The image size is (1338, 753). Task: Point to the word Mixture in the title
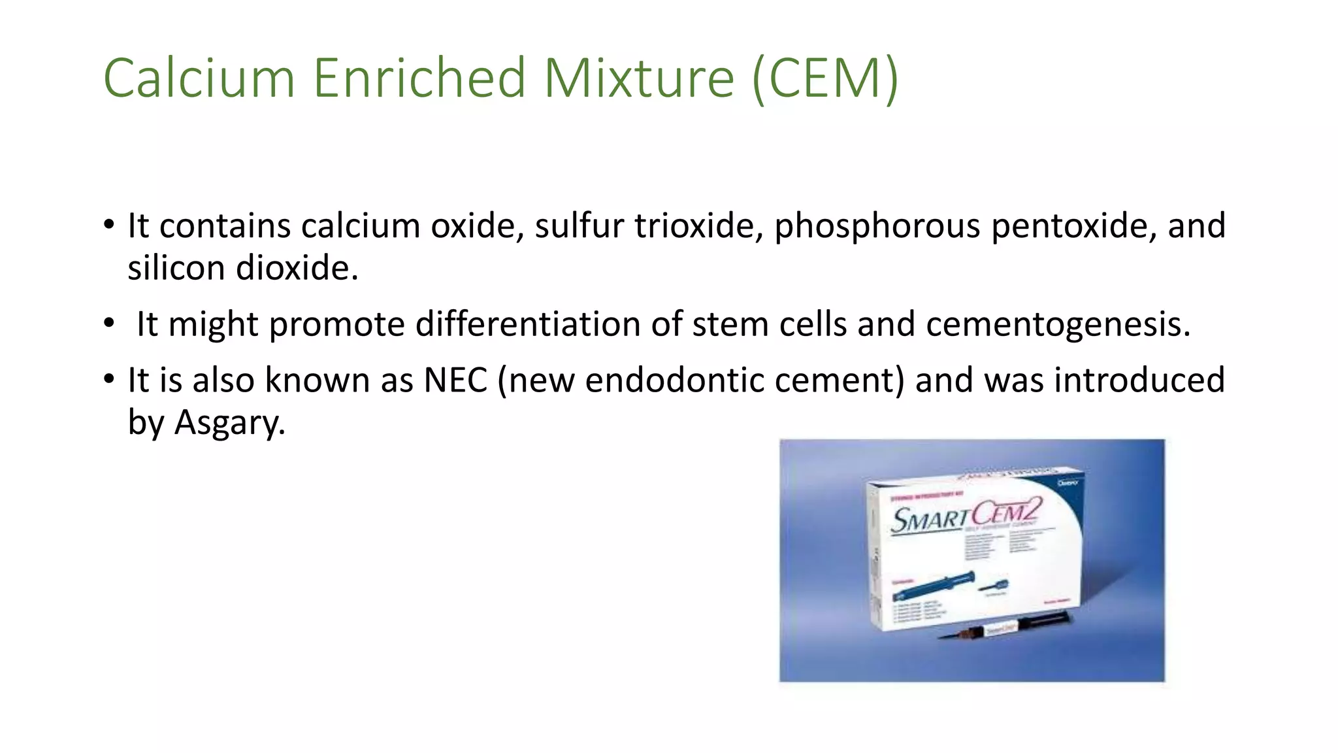click(x=639, y=78)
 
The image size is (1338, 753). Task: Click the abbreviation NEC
click(x=455, y=380)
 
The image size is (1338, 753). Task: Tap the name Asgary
click(x=229, y=424)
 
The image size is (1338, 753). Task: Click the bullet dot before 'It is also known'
click(x=109, y=379)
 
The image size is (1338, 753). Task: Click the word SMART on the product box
click(x=930, y=521)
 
